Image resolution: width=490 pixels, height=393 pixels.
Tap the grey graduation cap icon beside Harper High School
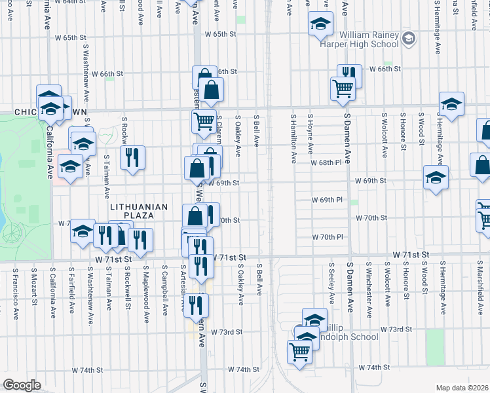point(409,39)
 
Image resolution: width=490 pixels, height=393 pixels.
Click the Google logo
point(22,385)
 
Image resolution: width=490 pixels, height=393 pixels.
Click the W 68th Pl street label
point(327,162)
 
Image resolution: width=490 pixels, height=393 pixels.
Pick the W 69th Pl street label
point(327,199)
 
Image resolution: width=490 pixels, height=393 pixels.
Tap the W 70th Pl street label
point(327,236)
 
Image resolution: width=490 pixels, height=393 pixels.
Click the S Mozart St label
point(33,289)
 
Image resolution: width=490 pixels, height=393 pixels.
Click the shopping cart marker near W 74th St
point(300,352)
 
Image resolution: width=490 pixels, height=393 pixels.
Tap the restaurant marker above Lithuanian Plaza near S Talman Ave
point(132,157)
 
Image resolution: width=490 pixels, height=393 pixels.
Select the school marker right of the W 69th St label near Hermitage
point(436,177)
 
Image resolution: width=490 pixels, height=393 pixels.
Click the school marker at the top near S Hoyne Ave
point(319,24)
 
